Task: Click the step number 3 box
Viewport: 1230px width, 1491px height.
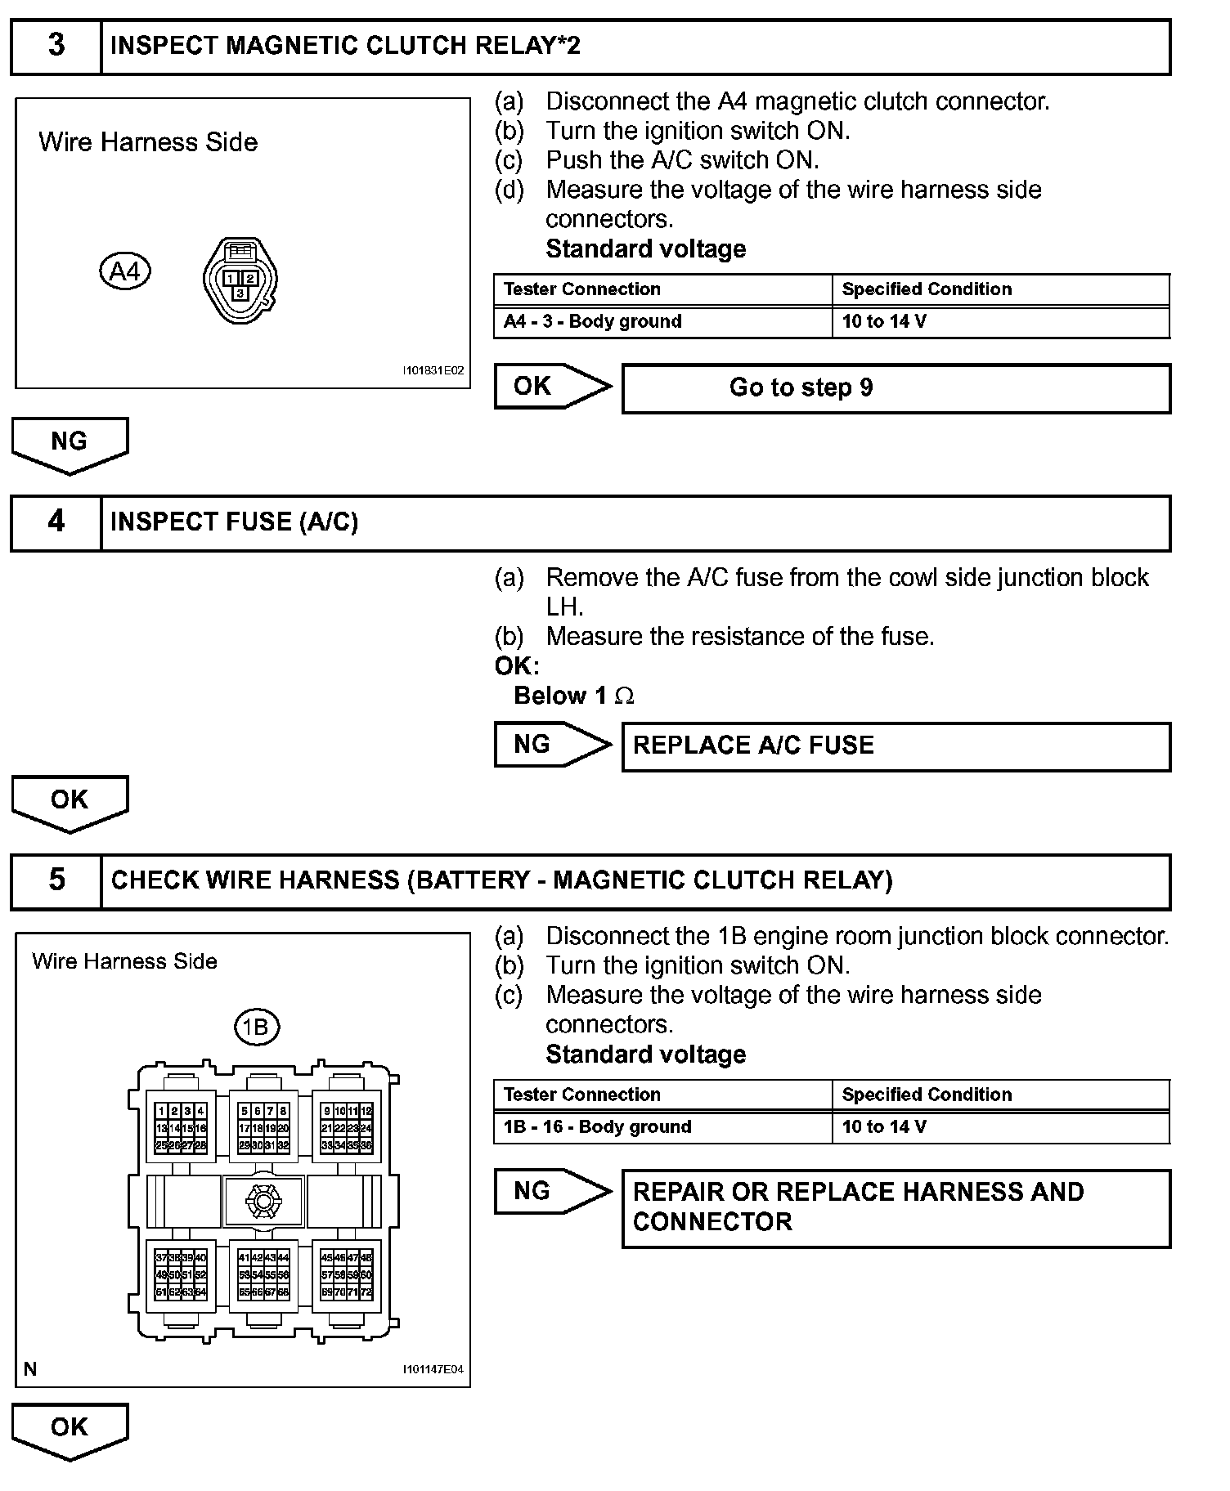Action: pos(56,46)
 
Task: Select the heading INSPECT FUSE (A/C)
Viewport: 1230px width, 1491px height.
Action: pos(234,522)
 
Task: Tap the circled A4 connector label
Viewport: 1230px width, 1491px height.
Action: pos(125,271)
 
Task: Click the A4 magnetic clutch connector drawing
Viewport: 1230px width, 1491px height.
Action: pos(240,280)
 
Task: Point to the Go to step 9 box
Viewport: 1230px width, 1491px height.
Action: pos(896,388)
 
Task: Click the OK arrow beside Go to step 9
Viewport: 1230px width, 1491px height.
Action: pos(551,387)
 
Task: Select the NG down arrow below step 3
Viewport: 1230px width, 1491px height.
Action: pos(70,444)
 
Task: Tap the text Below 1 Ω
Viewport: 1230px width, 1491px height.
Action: pos(573,696)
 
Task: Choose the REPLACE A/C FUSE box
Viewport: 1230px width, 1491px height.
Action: pos(896,746)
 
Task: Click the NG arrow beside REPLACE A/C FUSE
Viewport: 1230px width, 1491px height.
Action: pos(551,745)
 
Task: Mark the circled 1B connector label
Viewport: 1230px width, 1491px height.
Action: pos(257,1027)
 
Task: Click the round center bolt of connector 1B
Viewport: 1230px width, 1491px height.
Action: pos(263,1202)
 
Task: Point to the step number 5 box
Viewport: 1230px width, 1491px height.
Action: pos(56,880)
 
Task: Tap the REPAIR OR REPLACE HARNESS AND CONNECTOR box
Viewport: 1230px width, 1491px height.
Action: pos(896,1207)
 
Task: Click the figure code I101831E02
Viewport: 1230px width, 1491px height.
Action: pos(433,370)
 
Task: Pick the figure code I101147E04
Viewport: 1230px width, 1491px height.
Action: pos(433,1369)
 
